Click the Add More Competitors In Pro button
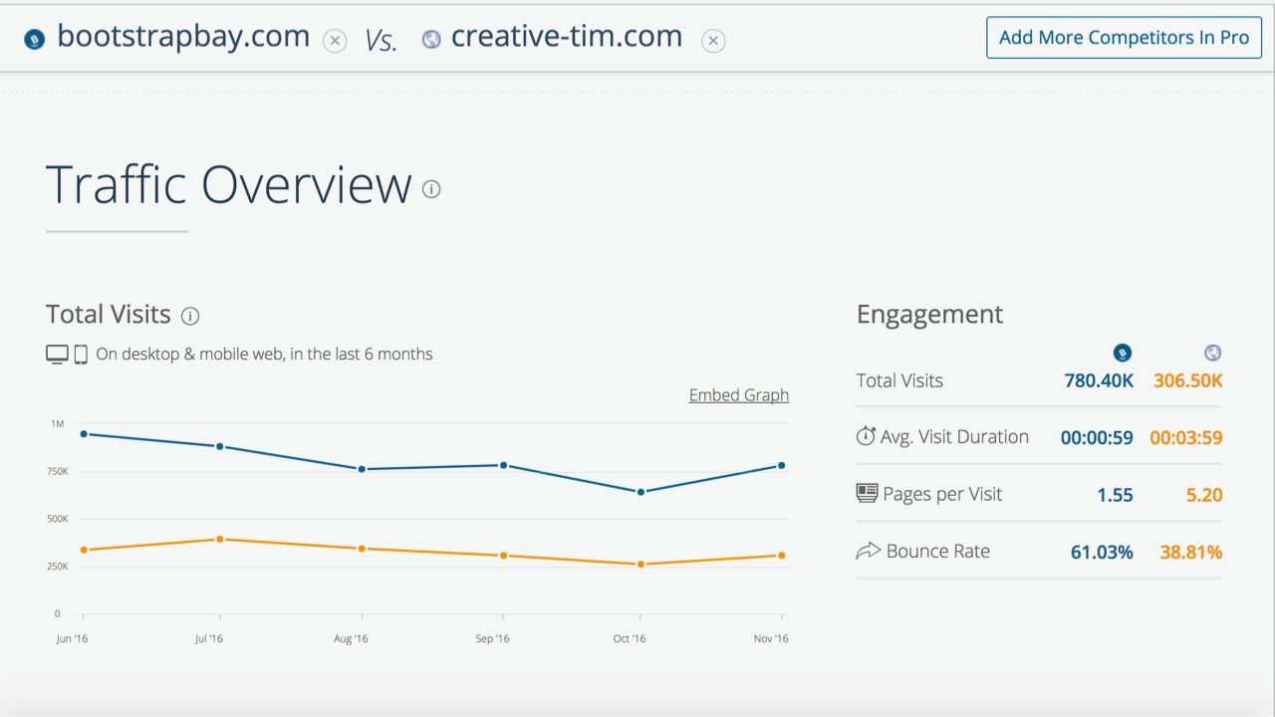point(1124,38)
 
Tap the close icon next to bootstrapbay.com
point(336,41)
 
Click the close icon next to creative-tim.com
point(713,41)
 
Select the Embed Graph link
point(738,395)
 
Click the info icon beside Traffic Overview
point(431,189)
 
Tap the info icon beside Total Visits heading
point(190,317)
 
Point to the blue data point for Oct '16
point(640,492)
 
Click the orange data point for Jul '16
point(220,539)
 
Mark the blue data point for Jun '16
point(84,434)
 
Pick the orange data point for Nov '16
point(782,556)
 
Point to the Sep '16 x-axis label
point(492,639)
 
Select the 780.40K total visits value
point(1099,380)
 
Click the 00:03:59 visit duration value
point(1185,437)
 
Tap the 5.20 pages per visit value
point(1204,495)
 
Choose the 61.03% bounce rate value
point(1102,552)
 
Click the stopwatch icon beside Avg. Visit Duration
point(866,436)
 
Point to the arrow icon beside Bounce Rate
point(868,551)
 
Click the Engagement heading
point(929,315)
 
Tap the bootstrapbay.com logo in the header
point(35,40)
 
